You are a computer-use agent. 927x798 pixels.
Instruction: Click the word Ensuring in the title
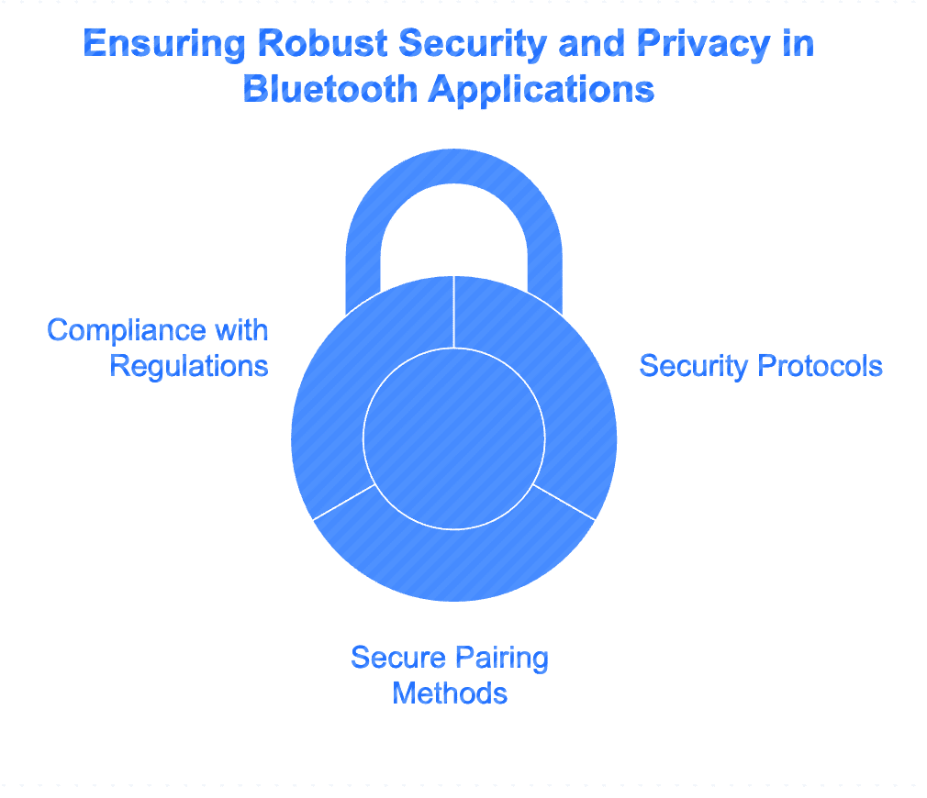[x=163, y=44]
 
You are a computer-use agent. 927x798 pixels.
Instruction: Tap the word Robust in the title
[x=323, y=43]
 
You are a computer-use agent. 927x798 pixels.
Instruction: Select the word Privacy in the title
[x=704, y=44]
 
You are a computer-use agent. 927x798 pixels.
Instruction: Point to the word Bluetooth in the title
[x=330, y=89]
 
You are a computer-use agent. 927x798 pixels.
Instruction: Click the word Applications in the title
[x=542, y=91]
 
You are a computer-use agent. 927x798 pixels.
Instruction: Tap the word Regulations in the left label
[x=189, y=367]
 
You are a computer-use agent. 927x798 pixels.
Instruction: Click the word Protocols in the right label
[x=820, y=366]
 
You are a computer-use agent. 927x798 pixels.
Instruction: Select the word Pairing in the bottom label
[x=502, y=659]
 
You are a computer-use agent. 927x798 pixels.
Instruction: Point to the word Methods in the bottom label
[x=450, y=693]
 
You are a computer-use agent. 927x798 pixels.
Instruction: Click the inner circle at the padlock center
[x=454, y=438]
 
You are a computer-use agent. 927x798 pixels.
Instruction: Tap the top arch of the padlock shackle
[x=454, y=167]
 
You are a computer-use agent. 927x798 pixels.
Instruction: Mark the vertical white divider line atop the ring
[x=454, y=312]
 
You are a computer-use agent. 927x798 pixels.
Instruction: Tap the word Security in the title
[x=472, y=44]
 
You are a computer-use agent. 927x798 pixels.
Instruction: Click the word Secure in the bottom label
[x=398, y=658]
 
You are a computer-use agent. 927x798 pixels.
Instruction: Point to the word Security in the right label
[x=694, y=367]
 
